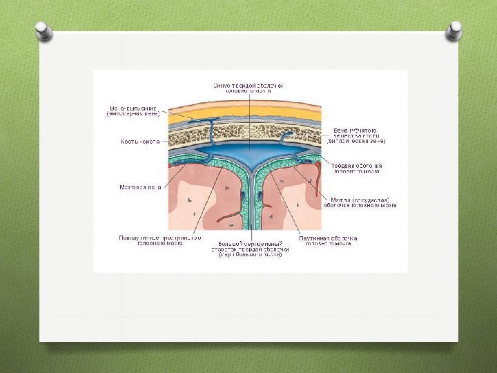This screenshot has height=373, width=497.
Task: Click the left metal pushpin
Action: tap(43, 31)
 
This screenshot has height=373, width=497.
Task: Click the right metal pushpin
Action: tap(454, 30)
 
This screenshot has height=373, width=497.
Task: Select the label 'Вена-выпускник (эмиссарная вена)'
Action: tap(133, 111)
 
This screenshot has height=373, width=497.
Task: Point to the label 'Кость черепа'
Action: tap(140, 142)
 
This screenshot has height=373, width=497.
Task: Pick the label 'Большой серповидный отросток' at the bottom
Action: tap(249, 248)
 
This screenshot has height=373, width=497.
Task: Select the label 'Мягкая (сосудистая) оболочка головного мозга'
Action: tap(357, 201)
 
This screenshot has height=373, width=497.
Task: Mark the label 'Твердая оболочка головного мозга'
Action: tap(358, 169)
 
